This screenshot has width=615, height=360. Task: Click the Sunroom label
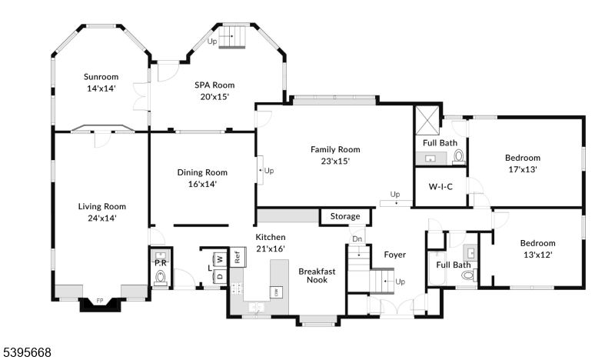[x=101, y=76]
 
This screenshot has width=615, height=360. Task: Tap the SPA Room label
[x=214, y=85]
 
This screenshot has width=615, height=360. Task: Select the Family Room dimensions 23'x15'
[x=334, y=162]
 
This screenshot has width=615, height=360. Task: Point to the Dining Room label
[x=202, y=172]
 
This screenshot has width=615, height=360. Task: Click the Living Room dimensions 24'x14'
[x=101, y=218]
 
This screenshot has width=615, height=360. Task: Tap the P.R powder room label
[x=161, y=262]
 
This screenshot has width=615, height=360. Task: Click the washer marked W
[x=218, y=258]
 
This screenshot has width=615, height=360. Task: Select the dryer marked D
[x=218, y=275]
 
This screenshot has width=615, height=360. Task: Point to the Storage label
[x=344, y=216]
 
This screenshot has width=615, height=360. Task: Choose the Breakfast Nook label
[x=313, y=275]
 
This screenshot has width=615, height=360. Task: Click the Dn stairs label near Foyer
[x=357, y=238]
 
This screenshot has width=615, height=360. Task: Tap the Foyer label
[x=394, y=255]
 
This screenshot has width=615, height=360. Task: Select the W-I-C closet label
[x=440, y=187]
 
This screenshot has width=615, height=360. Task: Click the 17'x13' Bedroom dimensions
[x=522, y=169]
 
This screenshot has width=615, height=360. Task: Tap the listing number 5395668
[x=26, y=352]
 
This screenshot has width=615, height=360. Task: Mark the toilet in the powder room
[x=161, y=282]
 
